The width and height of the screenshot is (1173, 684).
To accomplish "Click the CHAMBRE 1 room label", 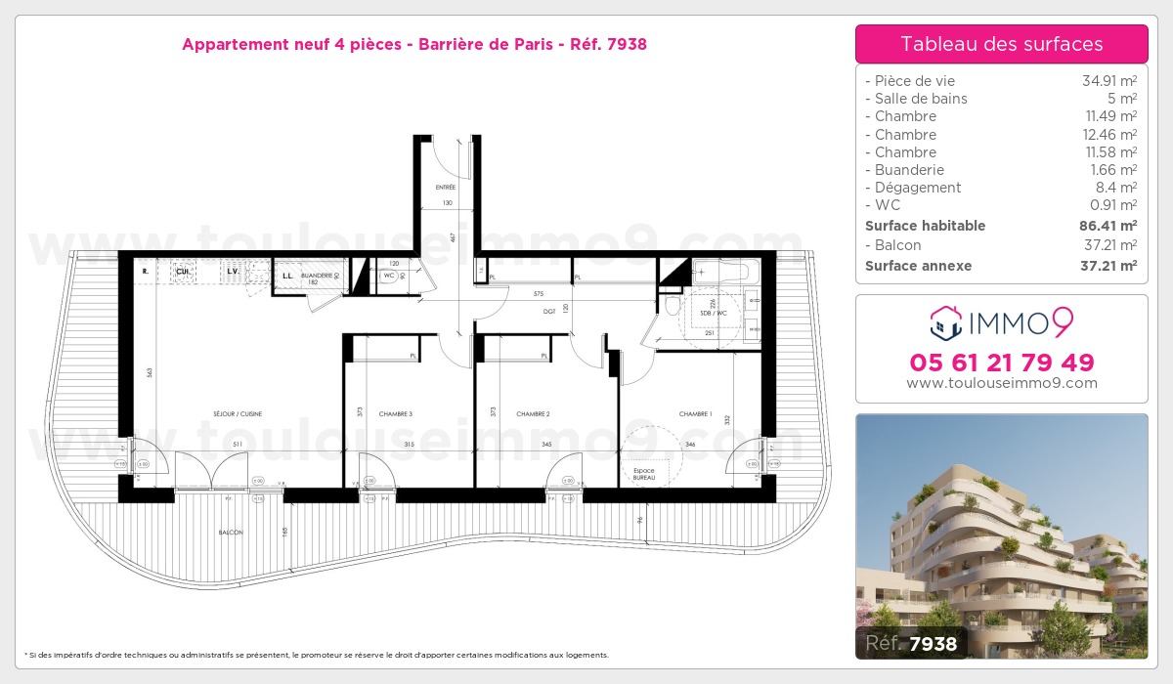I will click(x=696, y=414).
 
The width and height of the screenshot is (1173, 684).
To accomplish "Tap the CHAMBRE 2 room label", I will click(x=533, y=414).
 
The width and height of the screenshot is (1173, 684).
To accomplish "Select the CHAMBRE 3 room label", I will click(x=396, y=414).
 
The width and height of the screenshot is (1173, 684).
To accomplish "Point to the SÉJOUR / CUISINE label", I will click(x=239, y=414).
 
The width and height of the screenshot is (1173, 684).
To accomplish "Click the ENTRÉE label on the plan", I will click(x=446, y=187).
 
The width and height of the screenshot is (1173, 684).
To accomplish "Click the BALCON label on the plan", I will click(x=231, y=533).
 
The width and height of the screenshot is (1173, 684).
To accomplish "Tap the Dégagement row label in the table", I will click(x=918, y=188).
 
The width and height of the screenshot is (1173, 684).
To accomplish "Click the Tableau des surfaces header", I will click(x=1001, y=44).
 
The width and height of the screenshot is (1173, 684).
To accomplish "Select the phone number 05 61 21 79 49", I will click(x=1001, y=363).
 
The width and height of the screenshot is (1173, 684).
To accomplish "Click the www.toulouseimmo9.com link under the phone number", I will click(x=1001, y=384).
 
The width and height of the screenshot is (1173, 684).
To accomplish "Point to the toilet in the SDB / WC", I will click(x=672, y=307).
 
